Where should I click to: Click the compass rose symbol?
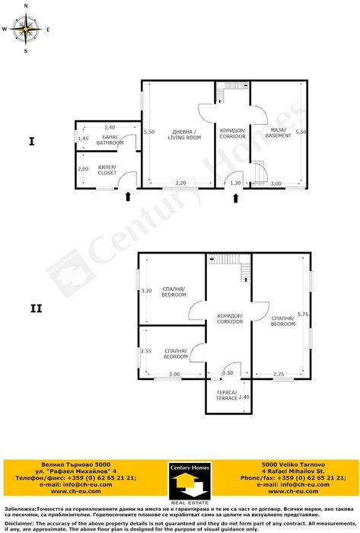pyautogui.click(x=26, y=29)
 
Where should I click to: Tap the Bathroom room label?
pyautogui.click(x=110, y=139)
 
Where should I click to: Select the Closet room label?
pyautogui.click(x=107, y=170)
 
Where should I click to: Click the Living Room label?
pyautogui.click(x=184, y=135)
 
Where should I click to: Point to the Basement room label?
pyautogui.click(x=278, y=132)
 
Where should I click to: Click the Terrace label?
pyautogui.click(x=227, y=395)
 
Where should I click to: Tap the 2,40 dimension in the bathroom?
pyautogui.click(x=110, y=127)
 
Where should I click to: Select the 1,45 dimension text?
pyautogui.click(x=83, y=139)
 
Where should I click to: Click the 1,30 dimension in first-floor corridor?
pyautogui.click(x=235, y=184)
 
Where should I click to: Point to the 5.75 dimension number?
pyautogui.click(x=303, y=314)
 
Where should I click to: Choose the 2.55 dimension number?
pyautogui.click(x=145, y=351)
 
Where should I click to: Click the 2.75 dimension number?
pyautogui.click(x=279, y=375)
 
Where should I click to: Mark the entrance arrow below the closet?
pyautogui.click(x=128, y=196)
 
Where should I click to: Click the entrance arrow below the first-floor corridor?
pyautogui.click(x=235, y=198)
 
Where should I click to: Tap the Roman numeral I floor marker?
pyautogui.click(x=31, y=142)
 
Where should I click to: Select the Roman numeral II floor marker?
pyautogui.click(x=37, y=308)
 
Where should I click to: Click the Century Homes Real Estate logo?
pyautogui.click(x=190, y=483)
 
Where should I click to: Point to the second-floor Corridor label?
pyautogui.click(x=230, y=318)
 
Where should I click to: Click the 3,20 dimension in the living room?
pyautogui.click(x=180, y=184)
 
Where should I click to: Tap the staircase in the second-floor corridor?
pyautogui.click(x=231, y=266)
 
